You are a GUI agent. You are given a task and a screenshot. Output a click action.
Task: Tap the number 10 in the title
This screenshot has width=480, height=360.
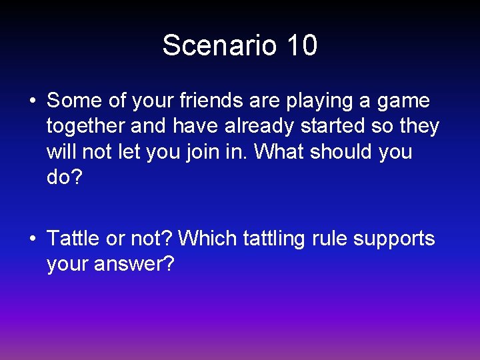point(303,46)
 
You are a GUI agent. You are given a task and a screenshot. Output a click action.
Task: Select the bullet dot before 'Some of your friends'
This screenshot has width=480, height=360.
point(32,101)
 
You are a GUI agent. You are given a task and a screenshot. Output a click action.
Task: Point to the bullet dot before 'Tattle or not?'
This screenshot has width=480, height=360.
point(32,239)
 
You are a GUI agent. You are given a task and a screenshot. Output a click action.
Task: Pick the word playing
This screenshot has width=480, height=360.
point(320,101)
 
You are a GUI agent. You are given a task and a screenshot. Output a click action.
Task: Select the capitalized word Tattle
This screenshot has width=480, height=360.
point(73,239)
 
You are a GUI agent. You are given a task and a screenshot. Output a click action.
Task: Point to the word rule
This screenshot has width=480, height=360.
point(329,239)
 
